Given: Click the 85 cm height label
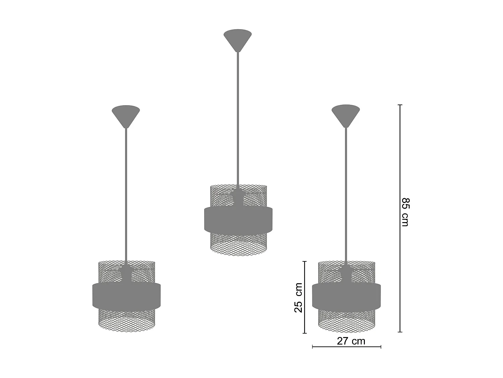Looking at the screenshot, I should [x=405, y=212].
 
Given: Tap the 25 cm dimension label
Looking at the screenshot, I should [x=298, y=298].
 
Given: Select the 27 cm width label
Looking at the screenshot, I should [x=351, y=341].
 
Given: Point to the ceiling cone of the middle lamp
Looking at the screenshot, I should [x=238, y=38].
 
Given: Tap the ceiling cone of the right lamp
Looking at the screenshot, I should [x=346, y=113].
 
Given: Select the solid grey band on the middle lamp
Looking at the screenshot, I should [x=238, y=219].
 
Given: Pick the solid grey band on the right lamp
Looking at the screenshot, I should [x=346, y=295].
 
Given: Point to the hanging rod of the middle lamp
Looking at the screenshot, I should [x=238, y=118].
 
